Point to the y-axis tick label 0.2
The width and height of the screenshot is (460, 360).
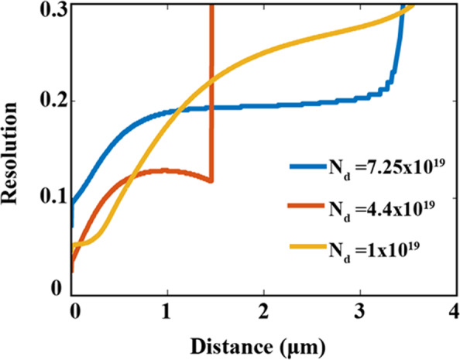47,101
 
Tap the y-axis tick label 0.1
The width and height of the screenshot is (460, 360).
47,197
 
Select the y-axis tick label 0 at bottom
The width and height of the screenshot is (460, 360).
55,290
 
